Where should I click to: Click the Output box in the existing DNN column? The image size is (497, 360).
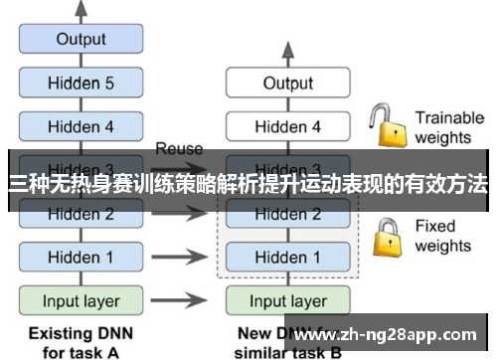coord(82,40)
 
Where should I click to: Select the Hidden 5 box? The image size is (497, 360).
coord(82,84)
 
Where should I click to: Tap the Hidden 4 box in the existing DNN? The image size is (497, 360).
coord(82,126)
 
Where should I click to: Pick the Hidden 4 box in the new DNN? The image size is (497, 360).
coord(287,126)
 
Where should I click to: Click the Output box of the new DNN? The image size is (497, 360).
coord(287,84)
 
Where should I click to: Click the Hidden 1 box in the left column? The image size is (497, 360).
coord(82,258)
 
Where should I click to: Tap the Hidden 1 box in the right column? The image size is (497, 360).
coord(287,258)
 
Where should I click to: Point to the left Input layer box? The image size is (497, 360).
coord(82,300)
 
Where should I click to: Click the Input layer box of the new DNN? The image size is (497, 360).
coord(287,300)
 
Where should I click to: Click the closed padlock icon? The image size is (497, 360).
coord(386,237)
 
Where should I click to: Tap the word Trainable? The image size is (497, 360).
coord(449,117)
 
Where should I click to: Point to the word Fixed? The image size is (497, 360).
coord(435,226)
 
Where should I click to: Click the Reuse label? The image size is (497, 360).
coord(179,149)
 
